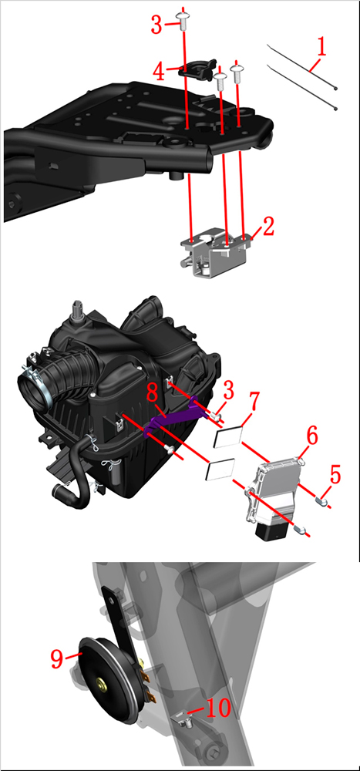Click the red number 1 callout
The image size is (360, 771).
tap(321, 48)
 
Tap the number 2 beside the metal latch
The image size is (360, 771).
tap(268, 227)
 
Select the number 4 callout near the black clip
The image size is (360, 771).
tap(159, 72)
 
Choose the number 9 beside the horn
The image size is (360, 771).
tap(58, 658)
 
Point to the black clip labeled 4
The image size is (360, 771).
tap(195, 69)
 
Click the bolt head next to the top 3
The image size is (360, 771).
tap(183, 18)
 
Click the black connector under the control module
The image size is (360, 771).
tap(273, 531)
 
